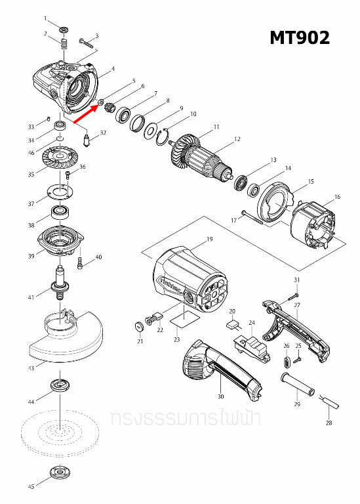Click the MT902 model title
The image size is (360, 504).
300,38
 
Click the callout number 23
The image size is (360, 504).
176,339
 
